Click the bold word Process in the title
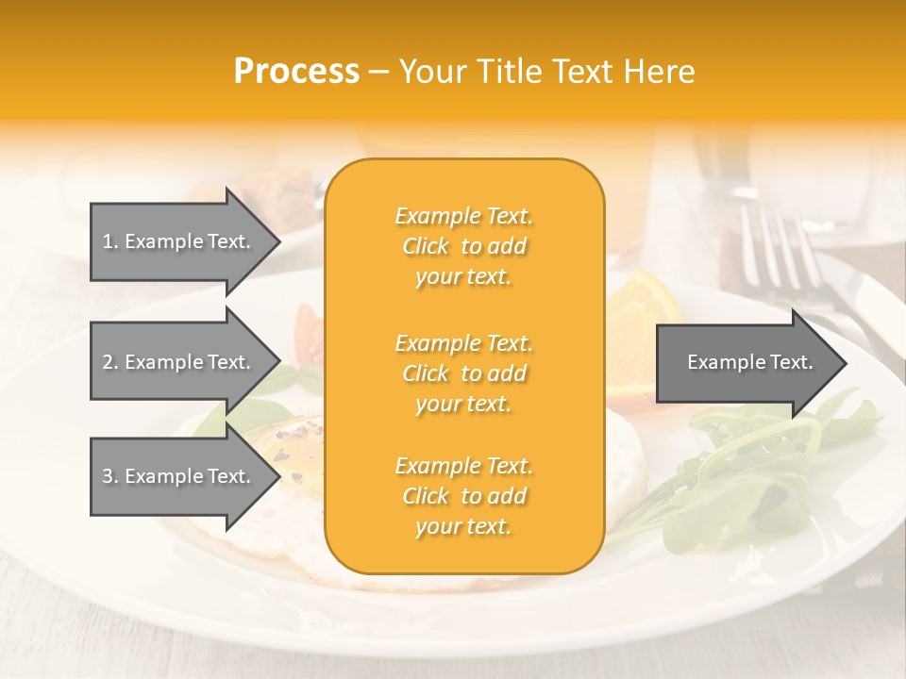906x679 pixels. tap(296, 72)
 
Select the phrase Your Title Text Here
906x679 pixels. tap(546, 72)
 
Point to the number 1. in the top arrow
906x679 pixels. tap(110, 241)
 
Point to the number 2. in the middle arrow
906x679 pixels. tap(110, 362)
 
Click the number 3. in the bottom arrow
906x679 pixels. tap(110, 476)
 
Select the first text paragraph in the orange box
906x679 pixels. tap(463, 246)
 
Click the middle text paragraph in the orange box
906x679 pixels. tap(463, 373)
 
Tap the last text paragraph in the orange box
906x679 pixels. tap(463, 496)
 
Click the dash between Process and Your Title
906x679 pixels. tap(378, 73)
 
